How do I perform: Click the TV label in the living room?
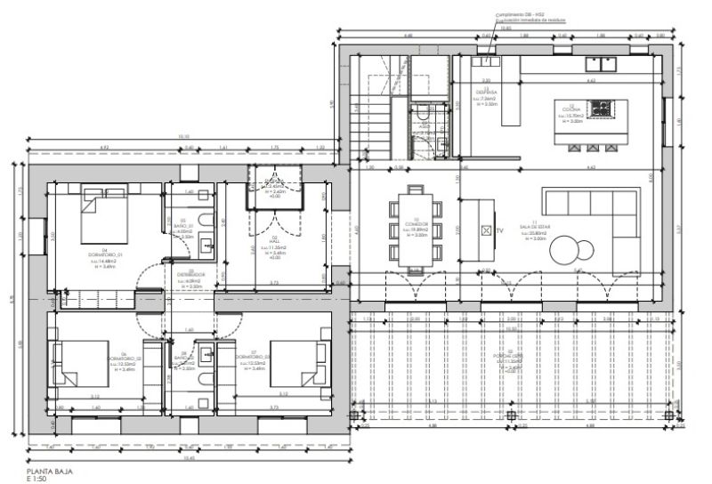[499, 230]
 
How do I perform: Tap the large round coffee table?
[567, 252]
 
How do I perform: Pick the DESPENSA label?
[486, 93]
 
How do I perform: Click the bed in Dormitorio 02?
[78, 367]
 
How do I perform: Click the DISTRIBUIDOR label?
[190, 275]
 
